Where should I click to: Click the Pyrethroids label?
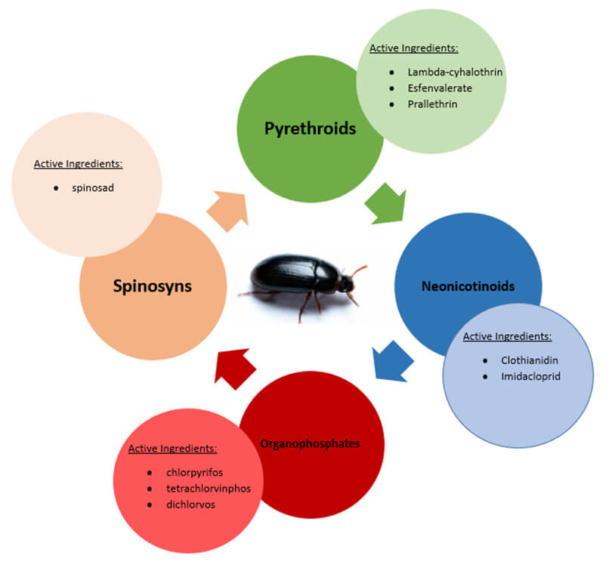(x=310, y=128)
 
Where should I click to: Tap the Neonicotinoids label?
(x=468, y=286)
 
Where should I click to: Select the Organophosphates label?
(x=311, y=443)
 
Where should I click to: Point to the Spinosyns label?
(x=153, y=286)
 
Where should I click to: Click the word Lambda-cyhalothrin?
(x=455, y=72)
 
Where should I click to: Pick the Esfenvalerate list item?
(x=440, y=88)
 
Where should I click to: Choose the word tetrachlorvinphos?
(x=209, y=488)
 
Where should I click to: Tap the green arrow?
(x=385, y=204)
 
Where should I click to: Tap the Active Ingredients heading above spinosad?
(x=79, y=164)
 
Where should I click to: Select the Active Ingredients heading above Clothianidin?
(x=507, y=335)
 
